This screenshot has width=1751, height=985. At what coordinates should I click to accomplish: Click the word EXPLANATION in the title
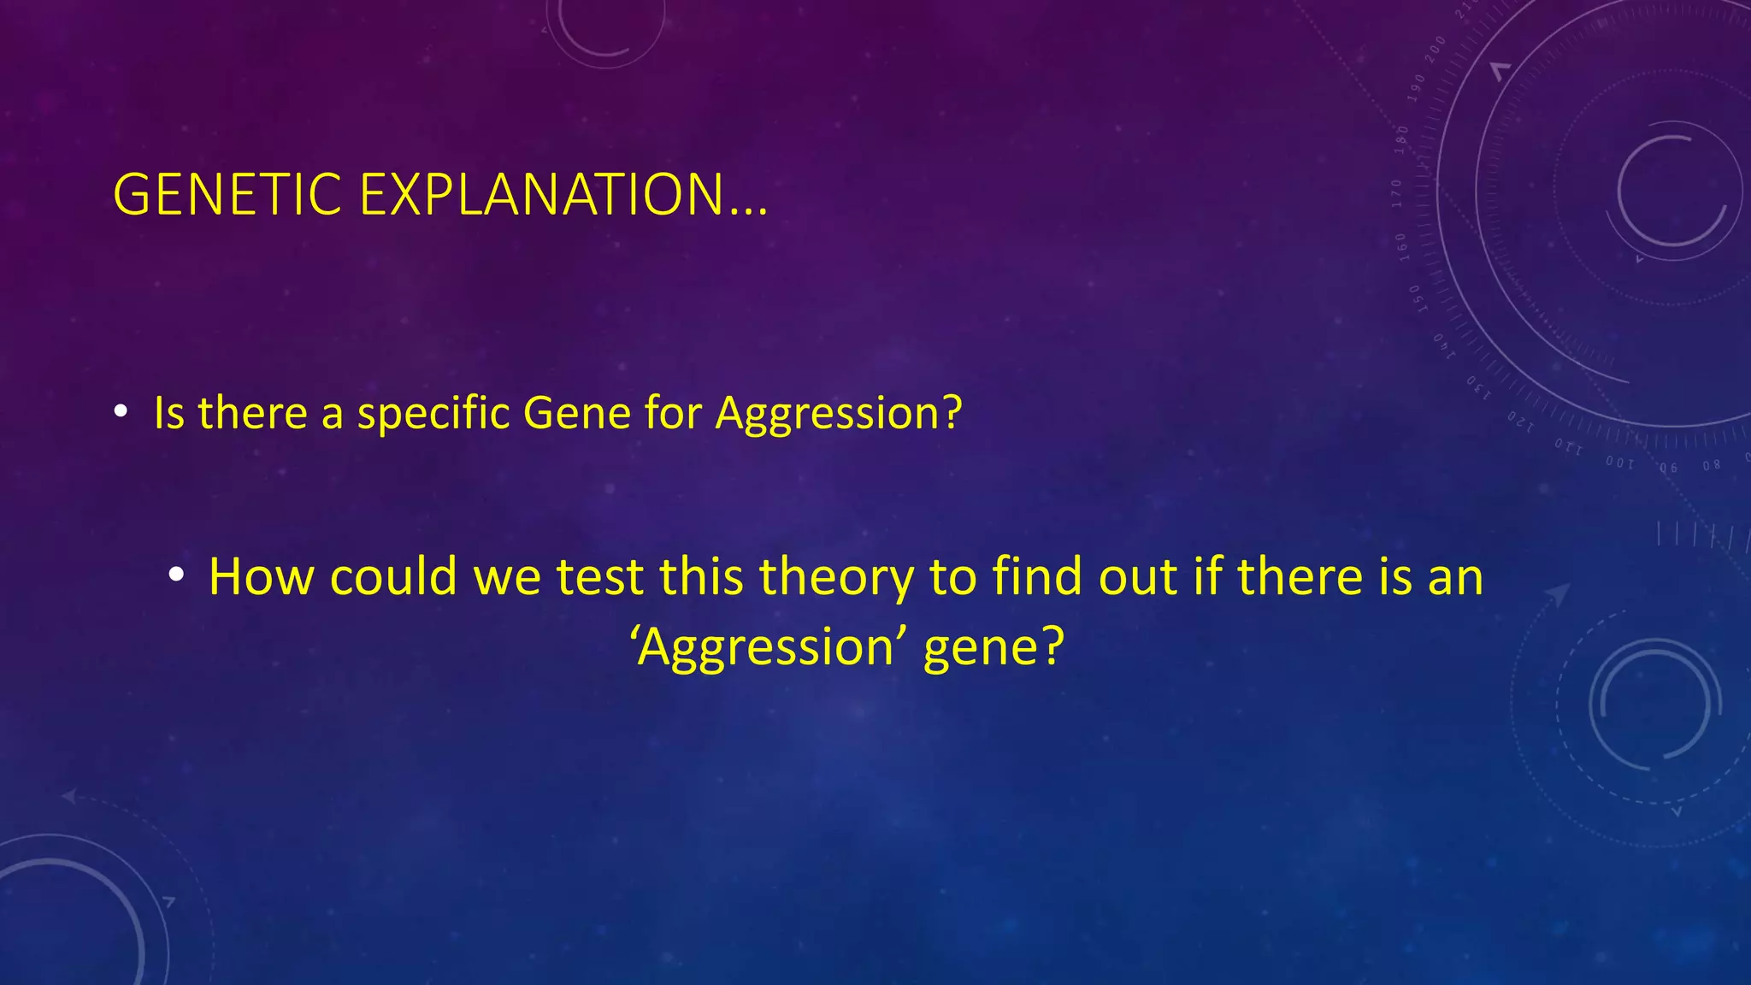coord(542,195)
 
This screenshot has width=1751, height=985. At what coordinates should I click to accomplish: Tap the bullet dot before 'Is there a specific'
coord(121,413)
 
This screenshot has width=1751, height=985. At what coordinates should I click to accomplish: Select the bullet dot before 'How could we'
coord(175,575)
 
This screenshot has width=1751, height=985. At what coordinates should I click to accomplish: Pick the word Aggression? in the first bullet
coord(839,415)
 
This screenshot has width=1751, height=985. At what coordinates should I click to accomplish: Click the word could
coord(394,576)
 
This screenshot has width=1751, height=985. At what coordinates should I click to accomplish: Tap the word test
coord(599,576)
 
